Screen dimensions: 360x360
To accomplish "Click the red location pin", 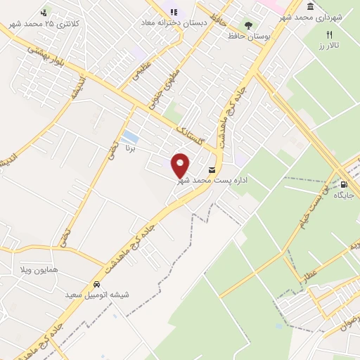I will click(181, 165).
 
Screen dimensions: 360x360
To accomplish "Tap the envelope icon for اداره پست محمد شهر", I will click(212, 171).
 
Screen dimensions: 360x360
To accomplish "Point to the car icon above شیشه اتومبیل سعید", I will click(96, 284).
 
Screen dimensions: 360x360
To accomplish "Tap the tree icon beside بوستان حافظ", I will click(247, 25).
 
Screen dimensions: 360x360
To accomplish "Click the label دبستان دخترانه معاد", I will click(174, 22).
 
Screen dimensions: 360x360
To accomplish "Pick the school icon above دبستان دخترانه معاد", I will click(174, 12).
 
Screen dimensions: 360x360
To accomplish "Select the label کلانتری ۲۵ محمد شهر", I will click(45, 23).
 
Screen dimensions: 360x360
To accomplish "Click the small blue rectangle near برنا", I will click(129, 135).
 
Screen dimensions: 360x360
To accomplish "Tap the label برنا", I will click(135, 150).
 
